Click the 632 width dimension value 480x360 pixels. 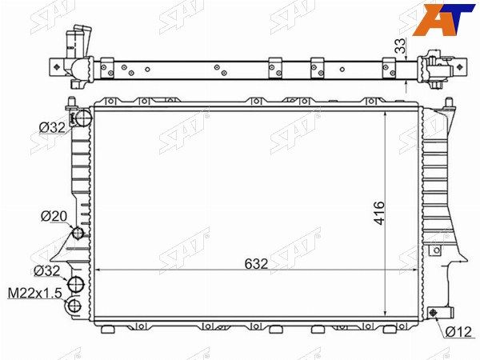click(x=256, y=263)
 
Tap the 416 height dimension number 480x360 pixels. click(x=379, y=213)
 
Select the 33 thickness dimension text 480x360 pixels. click(x=400, y=46)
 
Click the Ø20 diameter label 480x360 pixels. click(x=54, y=216)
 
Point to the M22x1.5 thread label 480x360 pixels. click(x=34, y=293)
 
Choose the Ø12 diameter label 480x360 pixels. click(x=458, y=331)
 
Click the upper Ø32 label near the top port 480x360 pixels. click(x=52, y=127)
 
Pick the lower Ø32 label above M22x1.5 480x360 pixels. click(x=47, y=270)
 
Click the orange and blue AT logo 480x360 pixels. click(x=444, y=19)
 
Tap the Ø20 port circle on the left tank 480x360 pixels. click(x=78, y=234)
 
